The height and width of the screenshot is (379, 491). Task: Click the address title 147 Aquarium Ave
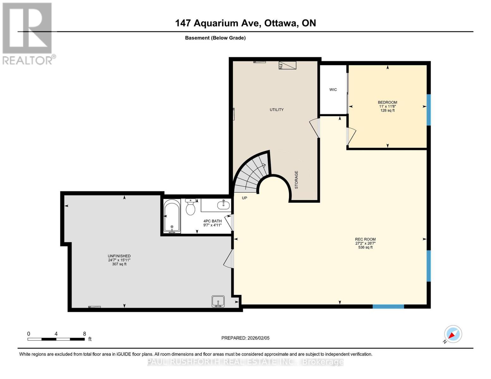[245, 23]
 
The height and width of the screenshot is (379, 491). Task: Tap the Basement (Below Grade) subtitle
[215, 38]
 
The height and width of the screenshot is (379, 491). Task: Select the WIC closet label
[333, 90]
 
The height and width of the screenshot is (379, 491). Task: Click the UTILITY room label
[276, 110]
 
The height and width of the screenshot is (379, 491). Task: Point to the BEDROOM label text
[387, 102]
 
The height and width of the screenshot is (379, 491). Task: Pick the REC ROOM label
[365, 239]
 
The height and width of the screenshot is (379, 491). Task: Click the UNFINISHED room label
[119, 256]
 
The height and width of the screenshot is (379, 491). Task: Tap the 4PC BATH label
[212, 221]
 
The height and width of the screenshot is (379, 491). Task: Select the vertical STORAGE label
[297, 180]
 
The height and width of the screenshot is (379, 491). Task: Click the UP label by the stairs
[244, 198]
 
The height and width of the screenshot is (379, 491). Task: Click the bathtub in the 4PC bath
[172, 216]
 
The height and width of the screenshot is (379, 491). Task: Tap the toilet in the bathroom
[190, 207]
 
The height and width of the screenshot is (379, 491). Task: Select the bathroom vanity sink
[223, 205]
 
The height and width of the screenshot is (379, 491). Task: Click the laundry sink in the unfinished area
[218, 301]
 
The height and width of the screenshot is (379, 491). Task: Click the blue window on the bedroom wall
[429, 110]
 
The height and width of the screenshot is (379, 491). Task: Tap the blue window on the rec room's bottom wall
[388, 306]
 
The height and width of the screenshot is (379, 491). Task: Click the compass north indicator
[453, 334]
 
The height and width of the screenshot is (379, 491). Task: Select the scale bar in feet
[56, 339]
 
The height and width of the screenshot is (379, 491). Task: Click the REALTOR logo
[28, 33]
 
